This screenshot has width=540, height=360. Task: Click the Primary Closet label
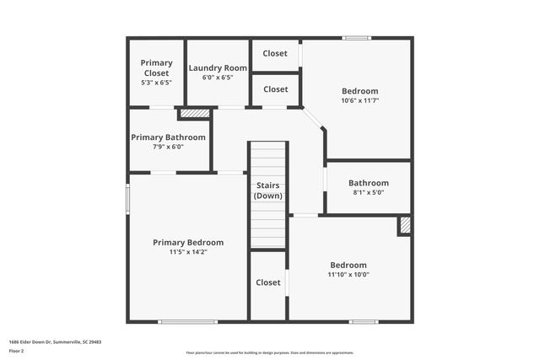[x=156, y=67]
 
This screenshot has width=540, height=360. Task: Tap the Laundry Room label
[x=218, y=67]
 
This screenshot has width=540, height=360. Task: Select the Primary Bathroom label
[x=168, y=137]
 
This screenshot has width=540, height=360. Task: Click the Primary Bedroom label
[x=188, y=242]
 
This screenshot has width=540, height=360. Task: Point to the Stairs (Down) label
[x=268, y=190]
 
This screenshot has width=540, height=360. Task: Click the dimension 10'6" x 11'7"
[x=359, y=100]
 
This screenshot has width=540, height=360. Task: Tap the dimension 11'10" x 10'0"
[x=348, y=274]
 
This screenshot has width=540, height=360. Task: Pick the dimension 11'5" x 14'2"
[x=188, y=251]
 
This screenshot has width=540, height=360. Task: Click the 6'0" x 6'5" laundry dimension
[x=218, y=78]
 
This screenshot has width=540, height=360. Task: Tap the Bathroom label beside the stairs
[x=369, y=183]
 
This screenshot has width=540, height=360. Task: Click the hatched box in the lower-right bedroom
[x=405, y=225]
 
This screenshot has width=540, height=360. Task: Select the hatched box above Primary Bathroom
[x=195, y=112]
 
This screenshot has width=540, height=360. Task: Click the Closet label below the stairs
[x=268, y=282]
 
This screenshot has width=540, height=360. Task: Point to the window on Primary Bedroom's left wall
[x=128, y=199]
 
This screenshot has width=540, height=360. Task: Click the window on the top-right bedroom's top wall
[x=356, y=38]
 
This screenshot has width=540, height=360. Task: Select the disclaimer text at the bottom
[x=270, y=352]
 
